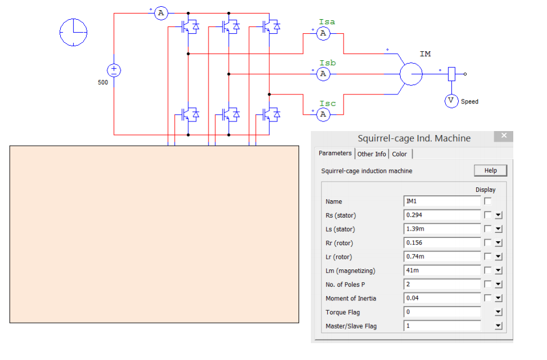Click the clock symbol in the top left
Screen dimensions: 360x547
pyautogui.click(x=73, y=32)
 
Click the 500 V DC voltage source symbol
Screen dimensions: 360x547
pyautogui.click(x=114, y=70)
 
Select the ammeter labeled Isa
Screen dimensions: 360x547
pyautogui.click(x=323, y=34)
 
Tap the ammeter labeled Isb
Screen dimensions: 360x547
pyautogui.click(x=323, y=74)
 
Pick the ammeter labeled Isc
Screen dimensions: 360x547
pyautogui.click(x=323, y=114)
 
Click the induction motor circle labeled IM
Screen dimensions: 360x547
pyautogui.click(x=411, y=74)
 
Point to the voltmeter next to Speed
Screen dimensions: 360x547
pyautogui.click(x=451, y=101)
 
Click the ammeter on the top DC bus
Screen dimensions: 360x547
pyautogui.click(x=161, y=13)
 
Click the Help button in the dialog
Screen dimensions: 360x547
pyautogui.click(x=490, y=170)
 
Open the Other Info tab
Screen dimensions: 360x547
pyautogui.click(x=372, y=154)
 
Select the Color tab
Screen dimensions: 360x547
pyautogui.click(x=400, y=154)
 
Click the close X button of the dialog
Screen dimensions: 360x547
pyautogui.click(x=504, y=136)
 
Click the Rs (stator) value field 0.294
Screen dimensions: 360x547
pyautogui.click(x=442, y=215)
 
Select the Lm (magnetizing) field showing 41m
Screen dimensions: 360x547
pyautogui.click(x=442, y=271)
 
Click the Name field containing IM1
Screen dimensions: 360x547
pyautogui.click(x=442, y=201)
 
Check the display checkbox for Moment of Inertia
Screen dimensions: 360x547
pyautogui.click(x=487, y=298)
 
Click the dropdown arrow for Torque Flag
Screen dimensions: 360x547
pyautogui.click(x=498, y=312)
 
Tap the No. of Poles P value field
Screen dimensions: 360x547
pyautogui.click(x=442, y=284)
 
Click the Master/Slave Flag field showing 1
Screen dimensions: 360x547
pyautogui.click(x=442, y=326)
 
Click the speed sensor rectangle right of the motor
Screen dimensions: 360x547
pyautogui.click(x=451, y=74)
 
